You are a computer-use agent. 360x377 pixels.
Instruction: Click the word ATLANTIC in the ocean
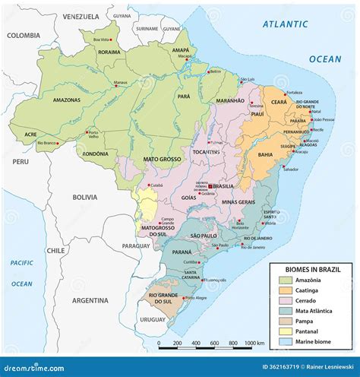(x=286, y=24)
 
